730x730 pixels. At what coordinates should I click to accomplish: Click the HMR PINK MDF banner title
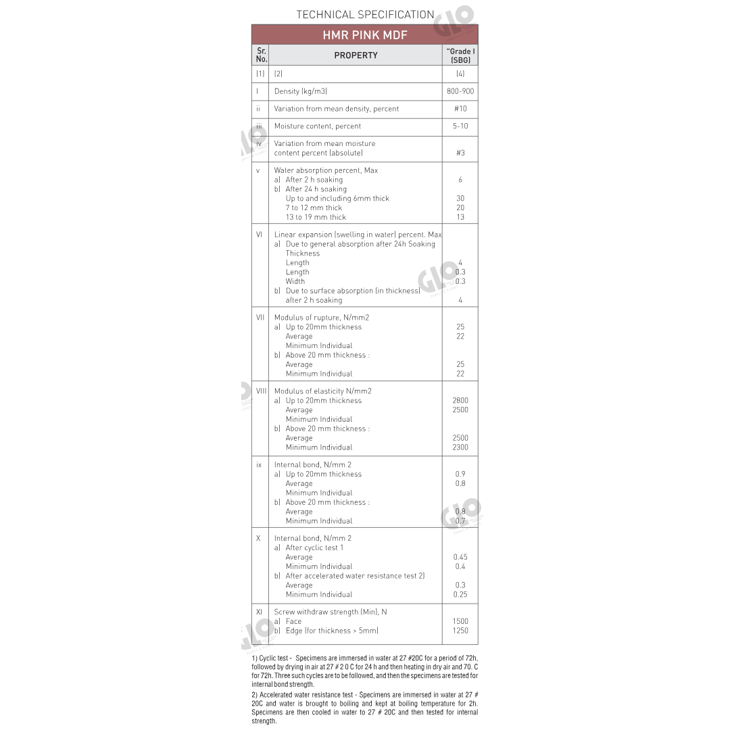click(x=364, y=35)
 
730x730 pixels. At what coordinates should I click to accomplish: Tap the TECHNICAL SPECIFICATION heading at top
click(x=365, y=14)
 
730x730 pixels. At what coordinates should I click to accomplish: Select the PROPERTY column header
click(x=356, y=55)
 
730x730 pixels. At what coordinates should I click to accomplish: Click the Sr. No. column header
click(x=261, y=55)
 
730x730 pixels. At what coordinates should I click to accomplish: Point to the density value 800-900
click(x=460, y=91)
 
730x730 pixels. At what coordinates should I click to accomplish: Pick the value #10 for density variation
click(x=460, y=109)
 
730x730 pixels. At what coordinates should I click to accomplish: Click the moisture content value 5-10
click(x=460, y=126)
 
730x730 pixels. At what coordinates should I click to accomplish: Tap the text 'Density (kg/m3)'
click(x=301, y=91)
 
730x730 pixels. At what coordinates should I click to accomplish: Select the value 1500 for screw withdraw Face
click(x=460, y=621)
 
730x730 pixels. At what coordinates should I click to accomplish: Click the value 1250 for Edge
click(x=460, y=631)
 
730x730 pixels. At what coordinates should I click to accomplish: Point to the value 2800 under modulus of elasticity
click(x=460, y=401)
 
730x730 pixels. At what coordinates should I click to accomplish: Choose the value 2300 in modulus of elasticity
click(x=460, y=447)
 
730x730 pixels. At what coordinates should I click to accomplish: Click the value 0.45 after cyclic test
click(x=460, y=558)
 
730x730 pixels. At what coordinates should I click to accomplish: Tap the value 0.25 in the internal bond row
click(x=460, y=595)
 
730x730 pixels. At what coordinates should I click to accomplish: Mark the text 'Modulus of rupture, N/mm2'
click(x=322, y=318)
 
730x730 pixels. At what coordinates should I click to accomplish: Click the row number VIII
click(x=261, y=391)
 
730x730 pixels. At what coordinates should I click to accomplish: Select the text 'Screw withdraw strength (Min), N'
click(x=331, y=612)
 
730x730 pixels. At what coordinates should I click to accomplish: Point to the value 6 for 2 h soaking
click(x=460, y=180)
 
